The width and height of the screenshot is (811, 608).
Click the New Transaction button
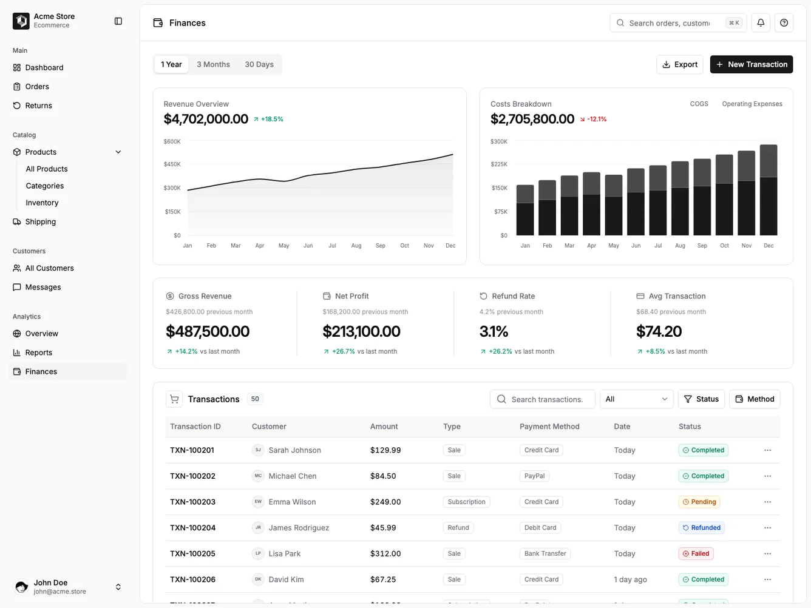point(751,64)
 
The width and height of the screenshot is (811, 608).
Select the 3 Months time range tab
point(213,64)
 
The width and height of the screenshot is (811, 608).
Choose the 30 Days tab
point(259,64)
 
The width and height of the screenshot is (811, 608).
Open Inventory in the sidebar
point(42,203)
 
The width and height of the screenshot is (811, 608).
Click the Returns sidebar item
point(38,106)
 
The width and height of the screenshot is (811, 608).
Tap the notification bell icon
point(761,23)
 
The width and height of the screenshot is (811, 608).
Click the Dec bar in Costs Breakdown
point(769,190)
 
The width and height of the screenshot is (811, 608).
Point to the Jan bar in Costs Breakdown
point(525,210)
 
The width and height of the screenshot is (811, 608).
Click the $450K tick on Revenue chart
point(172,164)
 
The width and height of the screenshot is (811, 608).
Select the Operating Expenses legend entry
point(752,104)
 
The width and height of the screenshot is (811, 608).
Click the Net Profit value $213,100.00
point(361,331)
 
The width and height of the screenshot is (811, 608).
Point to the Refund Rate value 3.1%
point(494,331)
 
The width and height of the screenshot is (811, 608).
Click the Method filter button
point(755,399)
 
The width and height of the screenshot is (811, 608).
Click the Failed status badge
point(696,553)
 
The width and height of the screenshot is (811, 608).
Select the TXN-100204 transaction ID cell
point(192,528)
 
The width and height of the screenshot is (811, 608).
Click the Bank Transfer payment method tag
point(545,553)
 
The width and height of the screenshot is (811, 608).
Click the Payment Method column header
point(549,427)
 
